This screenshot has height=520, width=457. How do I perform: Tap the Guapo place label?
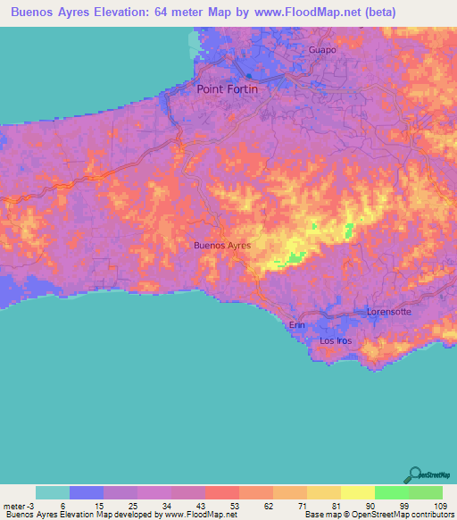322,50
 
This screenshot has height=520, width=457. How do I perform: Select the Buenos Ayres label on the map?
222,245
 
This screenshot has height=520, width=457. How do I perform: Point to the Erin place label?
296,325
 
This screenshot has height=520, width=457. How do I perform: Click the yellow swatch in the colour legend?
358,492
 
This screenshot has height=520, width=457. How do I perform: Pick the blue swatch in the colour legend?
87,492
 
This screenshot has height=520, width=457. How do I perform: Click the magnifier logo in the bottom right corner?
413,473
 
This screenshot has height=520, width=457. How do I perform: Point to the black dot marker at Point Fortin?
248,76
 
